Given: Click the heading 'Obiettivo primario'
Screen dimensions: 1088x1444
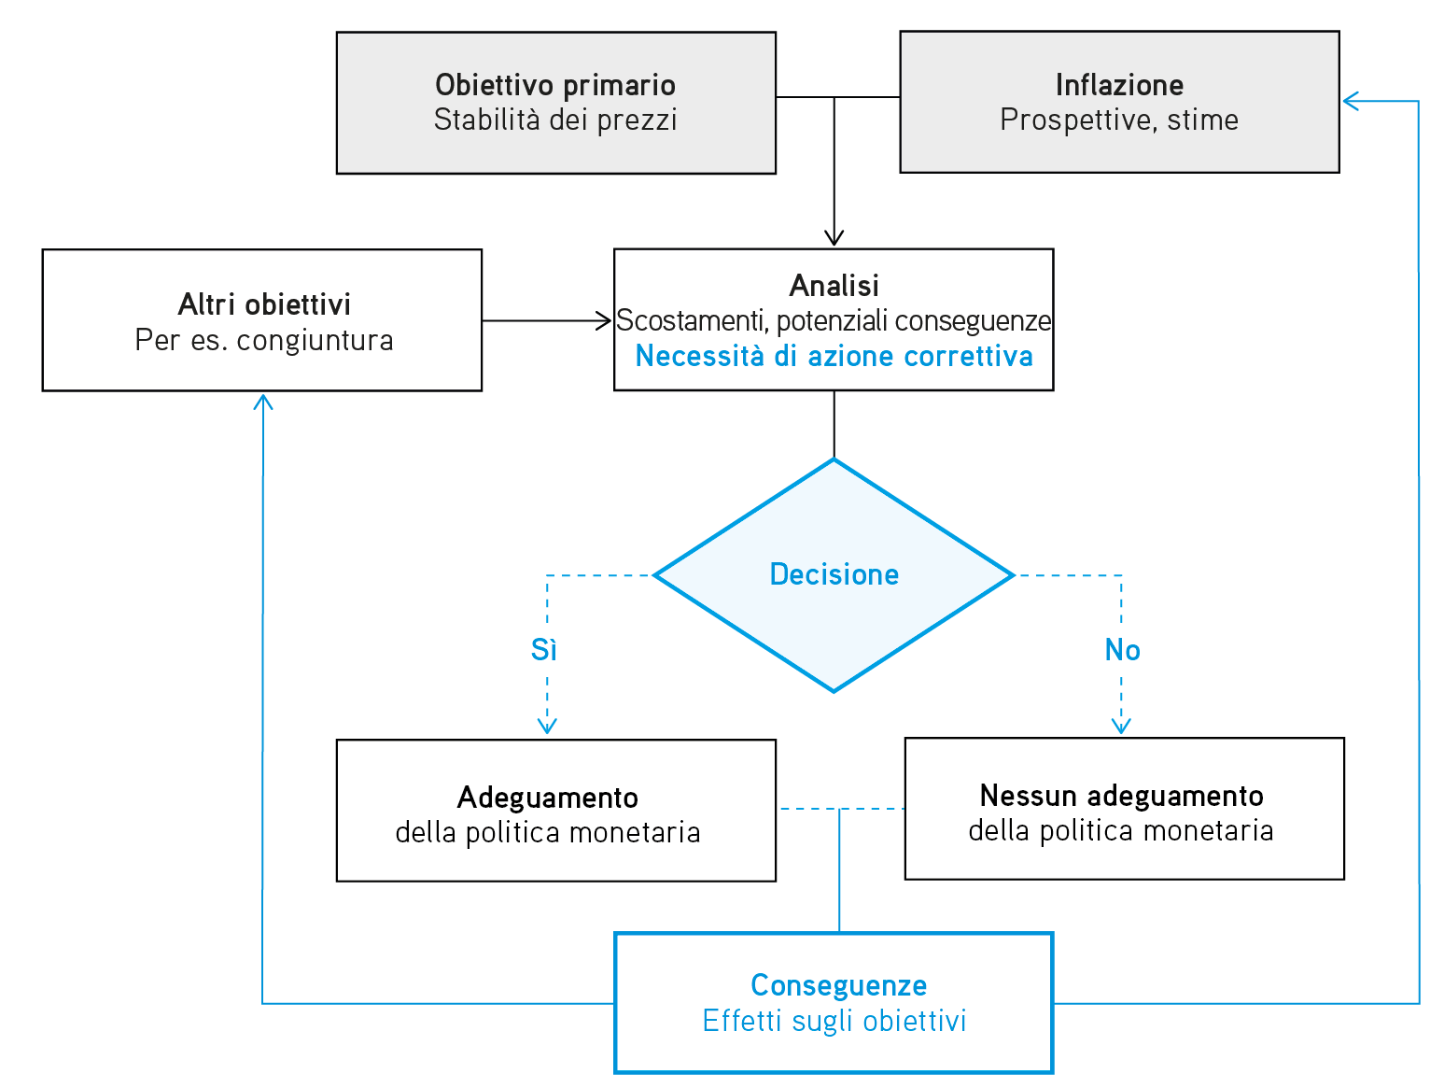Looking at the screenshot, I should click(555, 85).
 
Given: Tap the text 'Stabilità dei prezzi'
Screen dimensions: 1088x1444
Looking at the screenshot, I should click(555, 120).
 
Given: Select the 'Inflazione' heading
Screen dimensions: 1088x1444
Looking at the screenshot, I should click(1119, 85).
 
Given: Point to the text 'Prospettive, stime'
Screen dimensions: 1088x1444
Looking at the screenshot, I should click(1119, 120).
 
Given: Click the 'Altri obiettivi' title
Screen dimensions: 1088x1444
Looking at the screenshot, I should click(264, 304).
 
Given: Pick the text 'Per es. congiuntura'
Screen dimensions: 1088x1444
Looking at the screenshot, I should click(264, 340).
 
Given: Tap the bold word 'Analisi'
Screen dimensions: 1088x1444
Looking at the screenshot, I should click(834, 286).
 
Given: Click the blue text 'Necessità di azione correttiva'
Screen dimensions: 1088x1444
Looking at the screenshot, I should click(834, 357).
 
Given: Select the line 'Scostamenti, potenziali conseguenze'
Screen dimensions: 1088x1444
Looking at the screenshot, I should click(834, 321).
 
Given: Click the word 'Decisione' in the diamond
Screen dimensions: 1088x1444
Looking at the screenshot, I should click(834, 574).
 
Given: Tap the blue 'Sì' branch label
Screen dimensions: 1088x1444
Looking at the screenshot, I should click(544, 650).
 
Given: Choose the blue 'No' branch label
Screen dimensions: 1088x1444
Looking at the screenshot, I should click(1122, 650).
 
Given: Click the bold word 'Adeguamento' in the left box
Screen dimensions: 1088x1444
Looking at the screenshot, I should click(548, 798).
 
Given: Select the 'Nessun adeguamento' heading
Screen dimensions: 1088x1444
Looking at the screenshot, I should click(1121, 796).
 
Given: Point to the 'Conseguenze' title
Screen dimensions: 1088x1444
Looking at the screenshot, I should click(838, 985).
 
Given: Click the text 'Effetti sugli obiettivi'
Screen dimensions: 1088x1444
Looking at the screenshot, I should click(834, 1021).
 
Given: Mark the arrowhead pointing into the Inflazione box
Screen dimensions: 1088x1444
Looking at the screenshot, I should click(1350, 101).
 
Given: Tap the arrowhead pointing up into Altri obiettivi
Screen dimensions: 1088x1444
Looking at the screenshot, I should click(263, 401).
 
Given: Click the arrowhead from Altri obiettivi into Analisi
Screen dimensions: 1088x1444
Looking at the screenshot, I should click(604, 320).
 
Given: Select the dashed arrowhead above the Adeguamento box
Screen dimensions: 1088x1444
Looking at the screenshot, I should click(547, 726).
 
